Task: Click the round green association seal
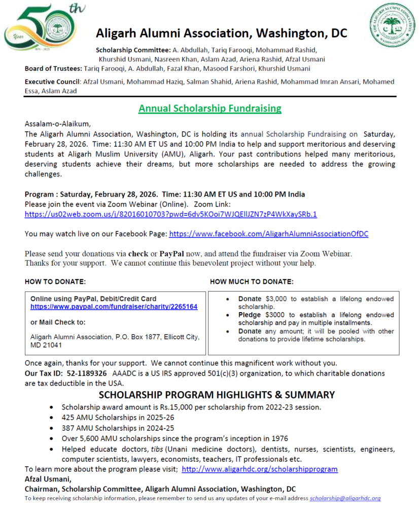(392, 27)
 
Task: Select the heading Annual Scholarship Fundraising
(210, 108)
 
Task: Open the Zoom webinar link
(171, 214)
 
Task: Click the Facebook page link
(268, 234)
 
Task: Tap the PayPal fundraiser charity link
(114, 307)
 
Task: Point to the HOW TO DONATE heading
(55, 281)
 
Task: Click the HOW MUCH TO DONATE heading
(252, 281)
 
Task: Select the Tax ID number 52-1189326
(87, 373)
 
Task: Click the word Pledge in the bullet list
(250, 315)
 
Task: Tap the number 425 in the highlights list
(68, 418)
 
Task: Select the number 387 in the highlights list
(68, 428)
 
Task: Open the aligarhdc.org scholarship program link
(259, 469)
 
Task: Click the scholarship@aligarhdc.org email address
(345, 498)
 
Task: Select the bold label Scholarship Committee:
(133, 50)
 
